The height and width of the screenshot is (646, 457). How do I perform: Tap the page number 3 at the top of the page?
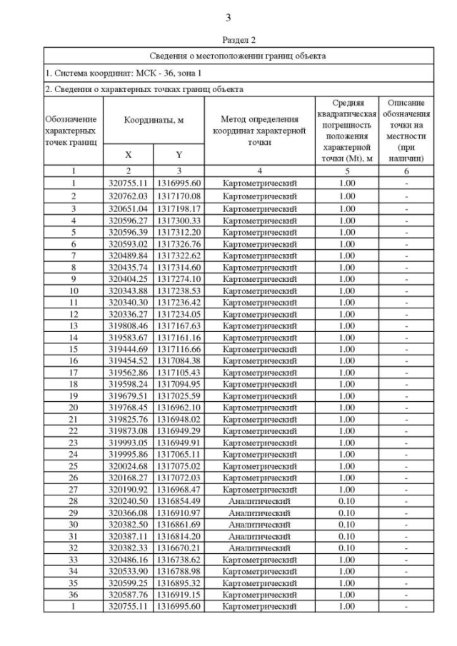[x=228, y=18]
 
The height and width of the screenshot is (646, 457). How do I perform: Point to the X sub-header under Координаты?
[x=129, y=154]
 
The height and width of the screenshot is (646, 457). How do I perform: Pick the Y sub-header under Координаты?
[x=179, y=154]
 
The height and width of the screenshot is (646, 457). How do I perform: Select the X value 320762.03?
[x=129, y=196]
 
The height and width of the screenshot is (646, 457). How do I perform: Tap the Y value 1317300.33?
[x=179, y=221]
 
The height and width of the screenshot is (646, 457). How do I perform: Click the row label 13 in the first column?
[x=73, y=326]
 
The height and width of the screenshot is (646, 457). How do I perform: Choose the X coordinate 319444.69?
[x=129, y=350]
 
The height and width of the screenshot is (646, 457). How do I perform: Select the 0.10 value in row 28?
[x=347, y=501]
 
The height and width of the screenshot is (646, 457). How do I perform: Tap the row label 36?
[x=73, y=595]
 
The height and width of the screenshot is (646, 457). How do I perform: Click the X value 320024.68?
[x=129, y=466]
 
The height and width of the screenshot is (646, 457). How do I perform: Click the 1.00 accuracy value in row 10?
[x=347, y=291]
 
